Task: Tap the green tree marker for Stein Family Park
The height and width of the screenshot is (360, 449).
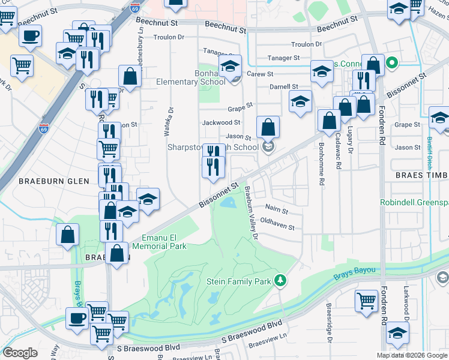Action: click(x=279, y=281)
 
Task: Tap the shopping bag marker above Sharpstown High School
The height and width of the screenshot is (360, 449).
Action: click(x=268, y=127)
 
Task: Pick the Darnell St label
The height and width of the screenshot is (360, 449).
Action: click(x=284, y=87)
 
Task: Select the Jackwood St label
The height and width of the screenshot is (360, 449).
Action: click(x=221, y=122)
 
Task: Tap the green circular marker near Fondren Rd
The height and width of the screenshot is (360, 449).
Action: click(x=393, y=62)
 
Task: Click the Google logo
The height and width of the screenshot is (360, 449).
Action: click(x=20, y=353)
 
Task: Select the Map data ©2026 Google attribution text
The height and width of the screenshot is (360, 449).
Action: click(x=412, y=355)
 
